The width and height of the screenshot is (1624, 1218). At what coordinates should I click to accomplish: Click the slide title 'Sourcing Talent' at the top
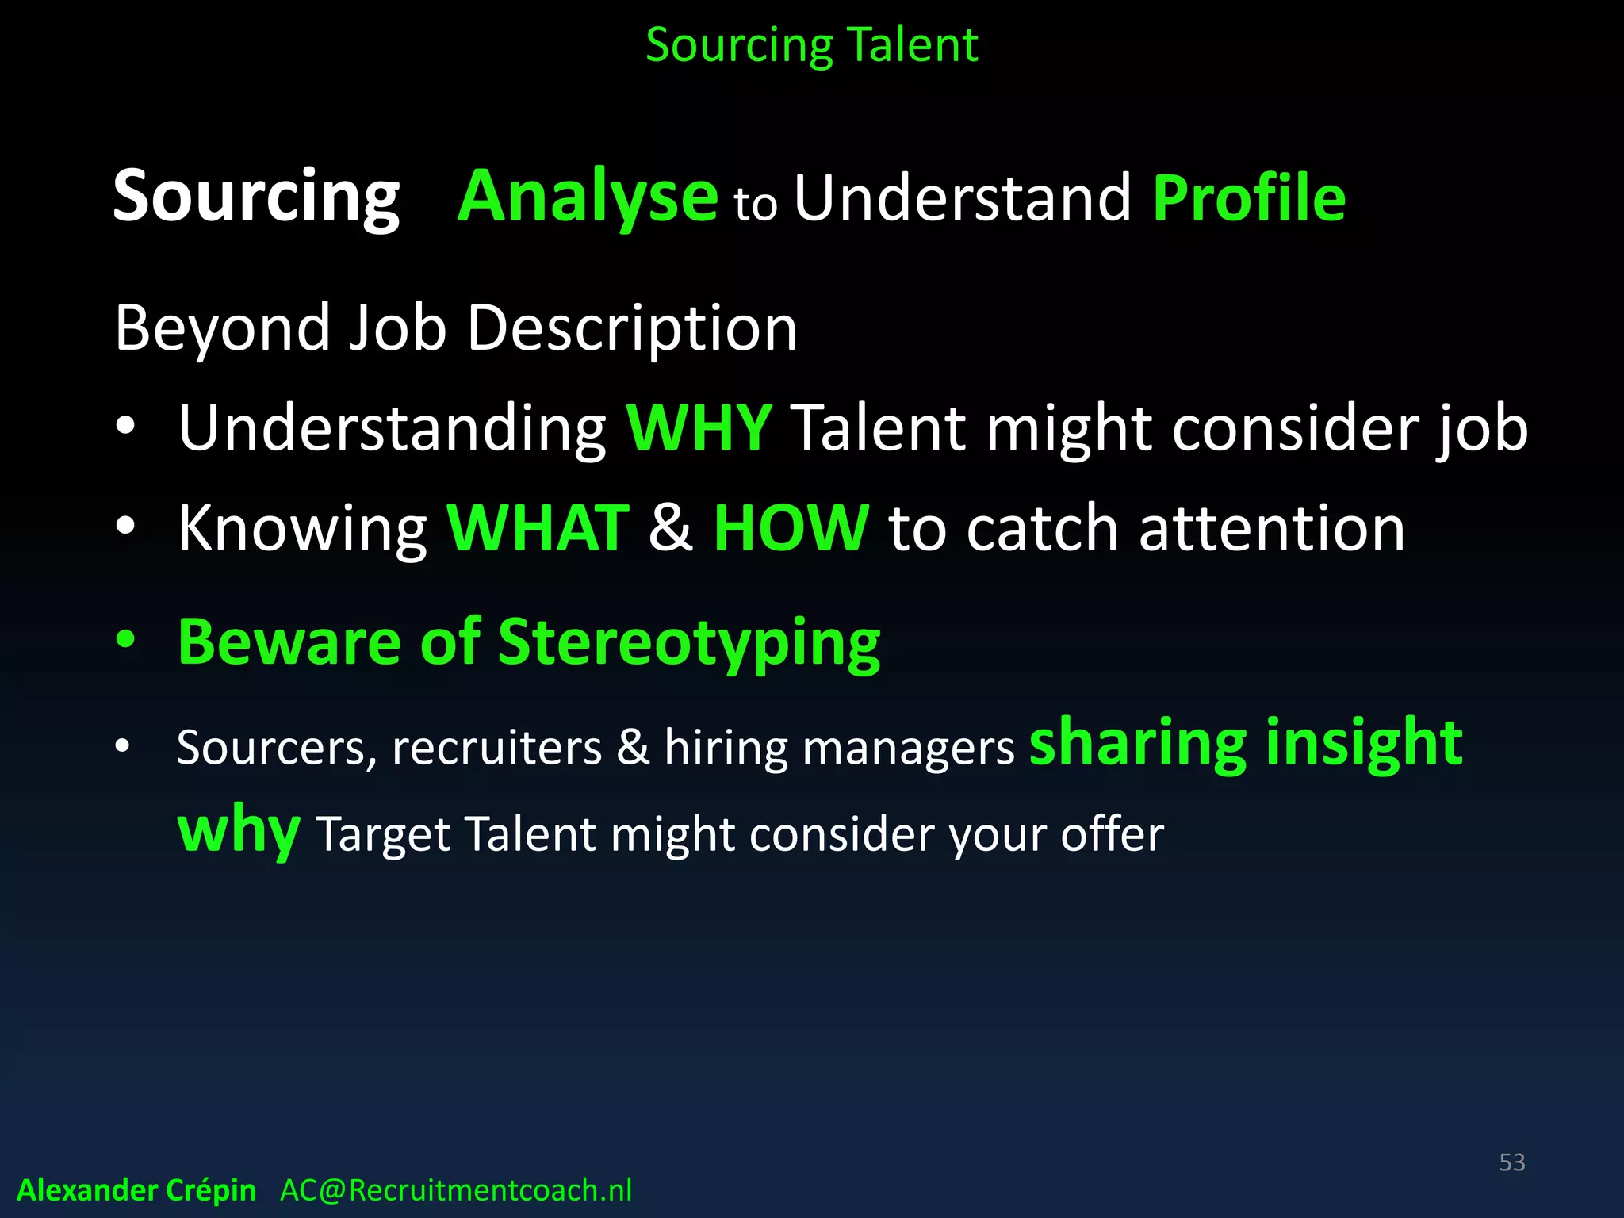tap(811, 45)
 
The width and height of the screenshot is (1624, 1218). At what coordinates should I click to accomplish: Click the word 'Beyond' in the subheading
tap(222, 327)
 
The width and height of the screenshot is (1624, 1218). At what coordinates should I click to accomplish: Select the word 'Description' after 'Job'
tap(632, 327)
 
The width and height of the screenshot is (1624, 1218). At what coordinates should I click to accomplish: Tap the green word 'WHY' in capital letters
tap(699, 428)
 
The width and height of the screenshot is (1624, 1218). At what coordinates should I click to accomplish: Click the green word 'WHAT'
tap(538, 528)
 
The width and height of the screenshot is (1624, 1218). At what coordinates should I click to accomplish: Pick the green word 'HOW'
tap(791, 528)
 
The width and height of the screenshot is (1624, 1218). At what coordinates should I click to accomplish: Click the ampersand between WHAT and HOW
tap(670, 528)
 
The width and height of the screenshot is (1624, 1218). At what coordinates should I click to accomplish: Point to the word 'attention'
tap(1271, 528)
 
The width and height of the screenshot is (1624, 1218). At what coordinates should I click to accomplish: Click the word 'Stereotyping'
tap(688, 642)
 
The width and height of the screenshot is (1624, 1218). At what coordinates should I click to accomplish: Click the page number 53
tap(1511, 1162)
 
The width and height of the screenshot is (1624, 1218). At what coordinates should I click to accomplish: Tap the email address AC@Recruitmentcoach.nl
tap(456, 1190)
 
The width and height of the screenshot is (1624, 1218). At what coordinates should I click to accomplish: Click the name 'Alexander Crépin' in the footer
tap(136, 1190)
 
